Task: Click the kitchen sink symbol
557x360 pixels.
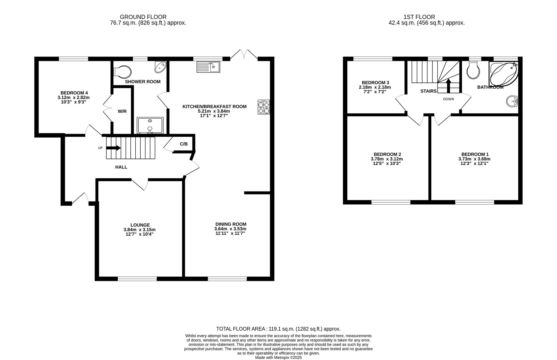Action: point(208,67)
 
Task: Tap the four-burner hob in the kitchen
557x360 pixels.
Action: point(264,107)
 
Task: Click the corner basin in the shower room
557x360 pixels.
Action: point(161,67)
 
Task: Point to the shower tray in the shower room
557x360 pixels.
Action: point(150,125)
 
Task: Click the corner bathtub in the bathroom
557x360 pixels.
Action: point(504,74)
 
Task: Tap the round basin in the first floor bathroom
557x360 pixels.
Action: point(512,101)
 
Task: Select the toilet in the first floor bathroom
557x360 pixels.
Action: point(473,70)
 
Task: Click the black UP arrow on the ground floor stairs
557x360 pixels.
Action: point(113,148)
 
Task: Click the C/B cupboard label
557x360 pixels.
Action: point(184,144)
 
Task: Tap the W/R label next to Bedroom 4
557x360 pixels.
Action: point(122,111)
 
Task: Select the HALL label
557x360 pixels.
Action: point(121,167)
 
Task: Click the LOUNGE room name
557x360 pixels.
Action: point(140,225)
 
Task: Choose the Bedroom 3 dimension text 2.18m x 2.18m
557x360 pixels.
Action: point(375,87)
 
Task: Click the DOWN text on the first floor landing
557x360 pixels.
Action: point(448,99)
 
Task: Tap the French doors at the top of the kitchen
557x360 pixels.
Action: point(244,54)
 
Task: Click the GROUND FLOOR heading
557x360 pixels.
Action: point(143,17)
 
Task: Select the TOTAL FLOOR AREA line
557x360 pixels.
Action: point(278,329)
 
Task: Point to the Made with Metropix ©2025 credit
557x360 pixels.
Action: point(278,357)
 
